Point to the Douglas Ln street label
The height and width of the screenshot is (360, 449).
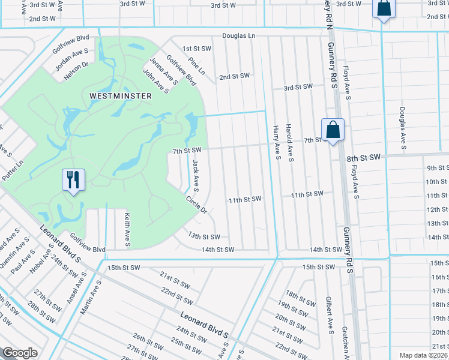[x=238, y=36]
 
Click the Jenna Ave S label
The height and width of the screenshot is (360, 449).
[x=159, y=71]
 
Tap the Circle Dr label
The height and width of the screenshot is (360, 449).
[x=196, y=205]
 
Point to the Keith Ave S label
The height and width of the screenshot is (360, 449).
[x=127, y=230]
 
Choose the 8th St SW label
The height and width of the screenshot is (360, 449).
[x=364, y=157]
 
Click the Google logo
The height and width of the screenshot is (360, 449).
[x=20, y=353]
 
